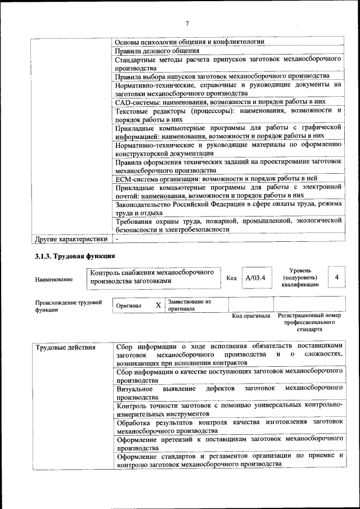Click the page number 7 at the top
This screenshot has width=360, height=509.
tap(187, 23)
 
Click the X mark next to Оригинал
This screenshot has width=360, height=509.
tap(158, 305)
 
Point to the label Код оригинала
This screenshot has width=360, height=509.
tap(251, 316)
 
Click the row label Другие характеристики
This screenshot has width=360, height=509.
tap(71, 239)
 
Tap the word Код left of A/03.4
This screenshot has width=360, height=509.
tap(231, 278)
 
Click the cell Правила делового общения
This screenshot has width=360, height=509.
tap(157, 51)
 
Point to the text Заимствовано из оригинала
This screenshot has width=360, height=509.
tap(188, 305)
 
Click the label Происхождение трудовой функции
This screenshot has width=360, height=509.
tap(68, 305)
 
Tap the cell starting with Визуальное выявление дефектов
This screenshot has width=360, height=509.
tap(229, 393)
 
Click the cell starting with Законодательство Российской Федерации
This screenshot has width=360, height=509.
tap(229, 209)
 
